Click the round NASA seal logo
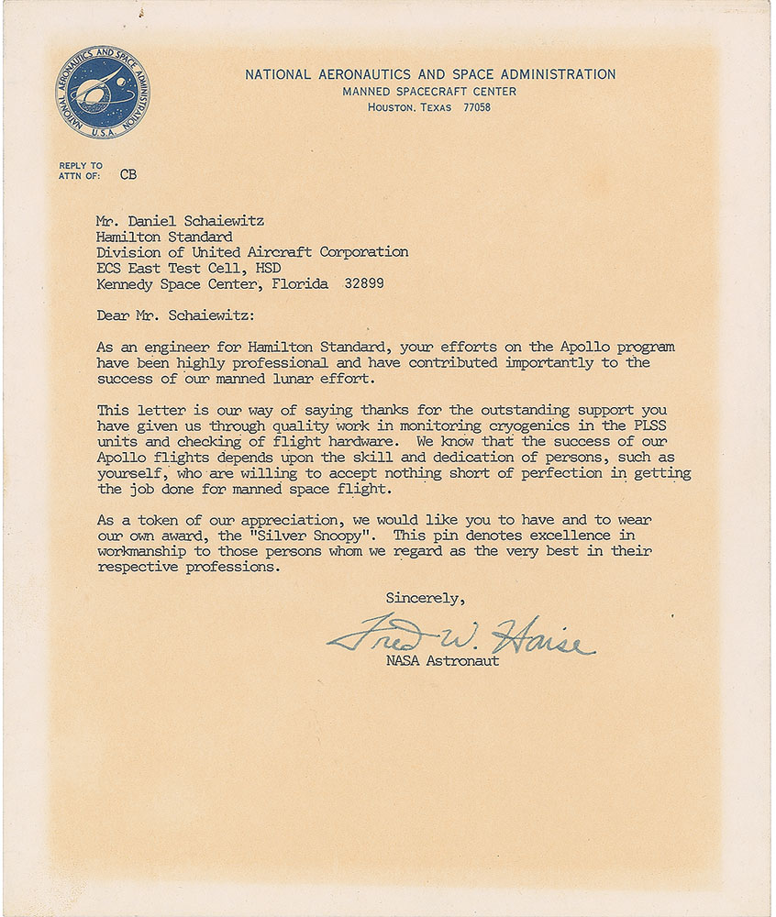[103, 94]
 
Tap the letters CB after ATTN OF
[127, 173]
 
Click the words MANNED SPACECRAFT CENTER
[429, 92]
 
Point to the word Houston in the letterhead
[391, 107]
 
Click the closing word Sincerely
[425, 598]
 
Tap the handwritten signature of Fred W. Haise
[460, 635]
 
